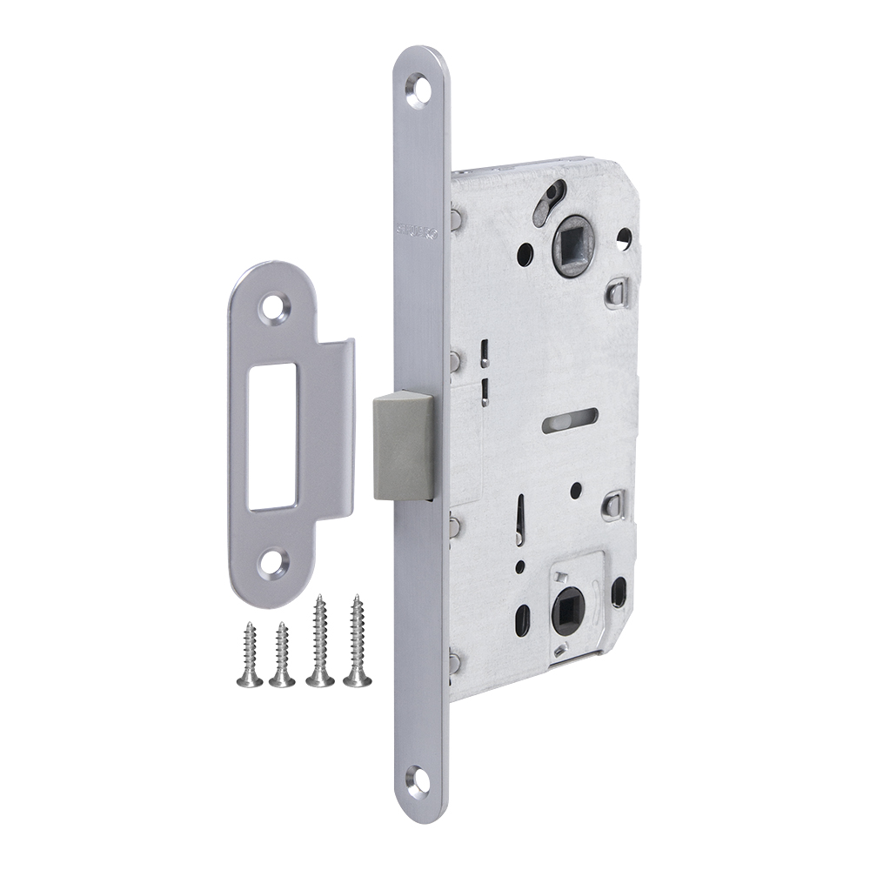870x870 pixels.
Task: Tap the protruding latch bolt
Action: point(403,445)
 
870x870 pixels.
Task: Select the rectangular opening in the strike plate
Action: point(271,435)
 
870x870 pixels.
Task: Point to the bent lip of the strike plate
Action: point(335,431)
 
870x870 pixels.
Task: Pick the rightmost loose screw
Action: point(357,643)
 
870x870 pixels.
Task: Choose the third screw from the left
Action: point(320,643)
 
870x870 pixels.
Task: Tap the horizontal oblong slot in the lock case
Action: point(569,420)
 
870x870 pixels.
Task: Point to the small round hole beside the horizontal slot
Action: point(575,491)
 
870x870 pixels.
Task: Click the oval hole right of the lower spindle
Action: point(619,592)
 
